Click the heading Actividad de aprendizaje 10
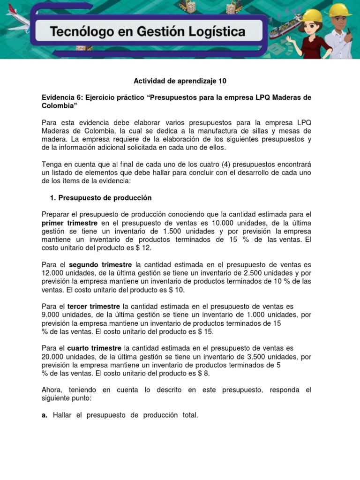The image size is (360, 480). pyautogui.click(x=180, y=81)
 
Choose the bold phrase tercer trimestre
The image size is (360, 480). pyautogui.click(x=94, y=307)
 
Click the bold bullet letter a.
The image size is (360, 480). pyautogui.click(x=45, y=415)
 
